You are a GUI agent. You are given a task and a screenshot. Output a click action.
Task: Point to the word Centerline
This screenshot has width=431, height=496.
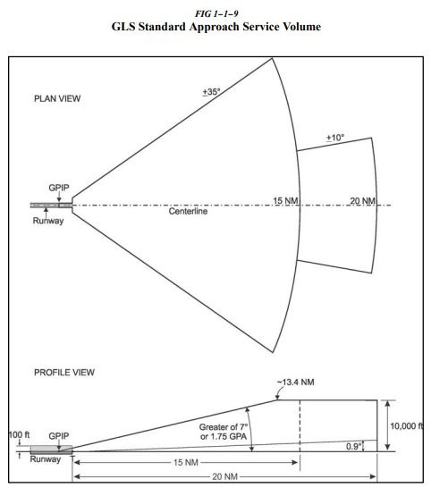[x=189, y=212]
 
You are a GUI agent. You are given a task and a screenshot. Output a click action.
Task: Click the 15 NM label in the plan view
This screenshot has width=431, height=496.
[x=284, y=201]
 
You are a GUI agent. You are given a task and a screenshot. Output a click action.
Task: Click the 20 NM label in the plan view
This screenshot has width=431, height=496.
[x=361, y=201]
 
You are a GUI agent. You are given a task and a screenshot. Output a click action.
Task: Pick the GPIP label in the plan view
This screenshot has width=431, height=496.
[x=60, y=189]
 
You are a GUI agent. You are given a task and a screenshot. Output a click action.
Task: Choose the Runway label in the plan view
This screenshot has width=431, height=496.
[x=49, y=221]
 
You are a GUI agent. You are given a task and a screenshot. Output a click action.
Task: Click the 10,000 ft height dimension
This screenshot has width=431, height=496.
[x=406, y=425]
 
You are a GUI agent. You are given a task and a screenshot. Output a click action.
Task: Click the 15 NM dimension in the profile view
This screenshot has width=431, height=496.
[x=184, y=462]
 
